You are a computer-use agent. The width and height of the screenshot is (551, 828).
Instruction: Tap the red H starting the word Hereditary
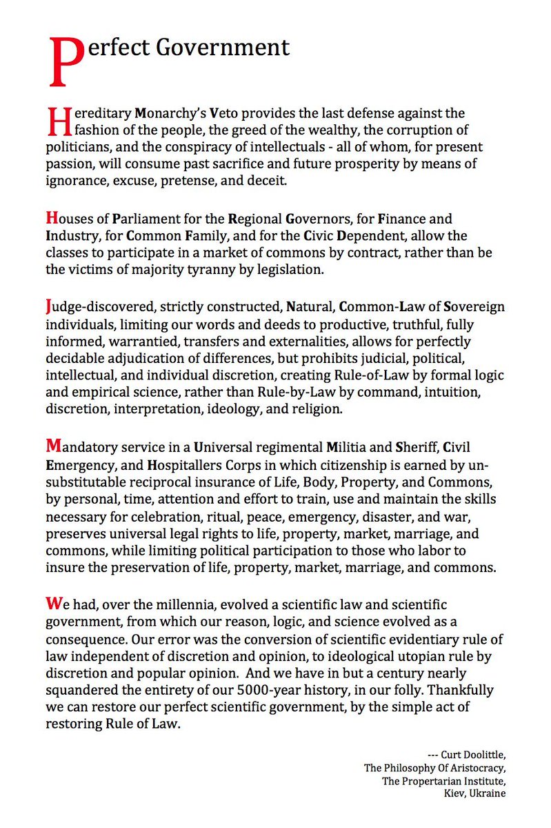[x=56, y=120]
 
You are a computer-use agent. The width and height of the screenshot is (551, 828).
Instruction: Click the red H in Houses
[x=51, y=219]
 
